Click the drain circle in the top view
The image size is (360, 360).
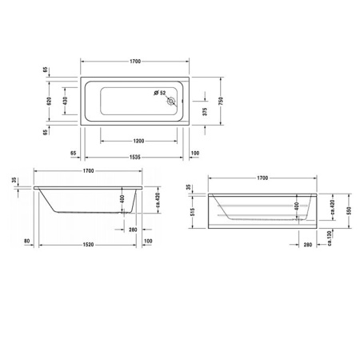(171, 101)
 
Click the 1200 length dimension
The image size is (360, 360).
(134, 140)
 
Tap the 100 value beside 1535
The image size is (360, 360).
(196, 152)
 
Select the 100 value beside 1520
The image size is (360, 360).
(148, 241)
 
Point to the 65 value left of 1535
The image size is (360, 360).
(73, 152)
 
